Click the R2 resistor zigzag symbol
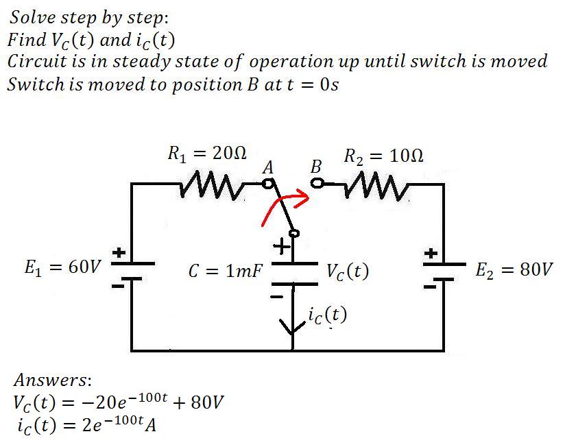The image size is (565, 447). (x=376, y=186)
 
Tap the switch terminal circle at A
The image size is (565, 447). (x=267, y=184)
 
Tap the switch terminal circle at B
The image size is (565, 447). (x=317, y=184)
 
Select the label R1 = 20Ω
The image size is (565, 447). (x=207, y=154)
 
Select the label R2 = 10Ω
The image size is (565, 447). (x=383, y=156)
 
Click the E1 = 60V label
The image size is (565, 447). (x=62, y=267)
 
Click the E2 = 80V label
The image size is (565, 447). (x=514, y=269)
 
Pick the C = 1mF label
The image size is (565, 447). (x=225, y=271)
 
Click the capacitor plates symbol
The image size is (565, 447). (x=294, y=274)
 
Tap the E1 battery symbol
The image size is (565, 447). (x=132, y=271)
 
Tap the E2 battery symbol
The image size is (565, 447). (x=444, y=271)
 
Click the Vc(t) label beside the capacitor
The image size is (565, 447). (x=348, y=271)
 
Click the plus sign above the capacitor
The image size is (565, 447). (x=282, y=247)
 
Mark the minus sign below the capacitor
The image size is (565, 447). (x=277, y=297)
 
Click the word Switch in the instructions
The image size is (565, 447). (x=36, y=84)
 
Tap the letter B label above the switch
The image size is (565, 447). (x=315, y=167)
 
